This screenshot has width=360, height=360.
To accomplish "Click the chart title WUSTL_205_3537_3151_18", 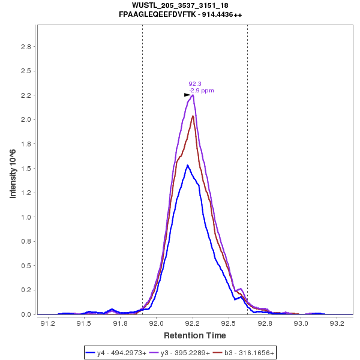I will [x=180, y=5].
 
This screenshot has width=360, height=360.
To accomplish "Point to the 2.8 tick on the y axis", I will [x=26, y=47].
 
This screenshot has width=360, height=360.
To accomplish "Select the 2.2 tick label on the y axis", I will [x=26, y=95].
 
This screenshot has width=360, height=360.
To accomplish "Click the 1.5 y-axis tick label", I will [x=26, y=169].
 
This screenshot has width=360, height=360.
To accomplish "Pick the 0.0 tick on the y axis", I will [x=26, y=314].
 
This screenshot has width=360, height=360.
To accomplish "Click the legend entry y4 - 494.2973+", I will [x=117, y=353].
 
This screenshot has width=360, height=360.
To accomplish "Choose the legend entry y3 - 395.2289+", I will [x=181, y=353].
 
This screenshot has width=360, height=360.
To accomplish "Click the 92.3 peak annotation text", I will [x=194, y=84].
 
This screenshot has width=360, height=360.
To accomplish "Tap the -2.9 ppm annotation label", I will [x=201, y=91].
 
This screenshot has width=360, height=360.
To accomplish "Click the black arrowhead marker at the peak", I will [x=187, y=95].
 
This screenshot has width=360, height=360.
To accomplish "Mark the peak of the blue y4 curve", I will [x=188, y=165].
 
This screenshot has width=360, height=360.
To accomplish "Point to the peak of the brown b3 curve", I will [x=193, y=116].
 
